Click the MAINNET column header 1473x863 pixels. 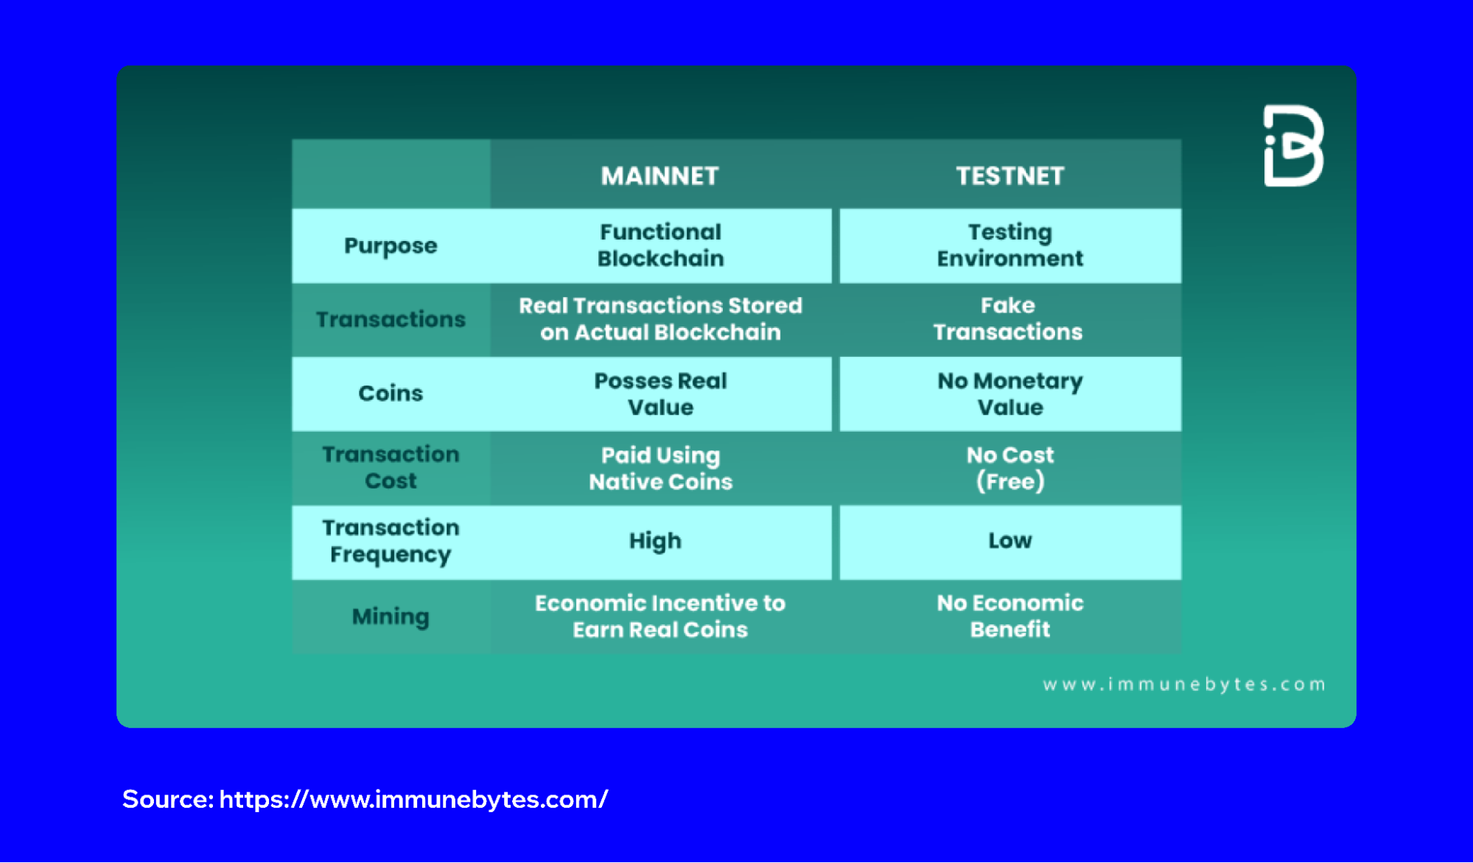659,176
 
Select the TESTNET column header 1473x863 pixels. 1010,176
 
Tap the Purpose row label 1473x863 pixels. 391,246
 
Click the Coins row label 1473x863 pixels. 391,394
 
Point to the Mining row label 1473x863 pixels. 391,616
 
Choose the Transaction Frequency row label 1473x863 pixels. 391,541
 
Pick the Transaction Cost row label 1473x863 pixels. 391,468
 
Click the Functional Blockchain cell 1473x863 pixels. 660,245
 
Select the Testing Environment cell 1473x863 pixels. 1010,245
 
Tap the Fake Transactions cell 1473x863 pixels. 1007,319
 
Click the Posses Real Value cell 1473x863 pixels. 660,394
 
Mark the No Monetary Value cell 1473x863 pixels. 1010,394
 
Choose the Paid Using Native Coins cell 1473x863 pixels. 660,469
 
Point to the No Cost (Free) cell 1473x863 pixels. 1010,469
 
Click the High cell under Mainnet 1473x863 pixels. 655,541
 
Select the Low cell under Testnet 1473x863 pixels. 1010,541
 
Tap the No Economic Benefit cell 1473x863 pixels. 1010,616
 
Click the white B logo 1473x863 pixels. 1293,146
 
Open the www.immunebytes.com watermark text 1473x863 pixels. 1183,685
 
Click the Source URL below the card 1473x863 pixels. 413,800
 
